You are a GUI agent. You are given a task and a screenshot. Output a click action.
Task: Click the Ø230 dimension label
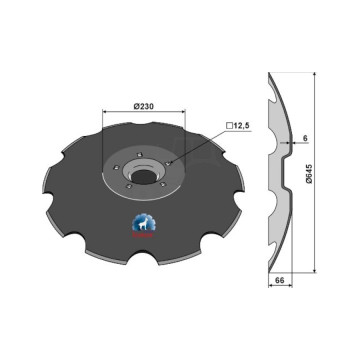point(143,106)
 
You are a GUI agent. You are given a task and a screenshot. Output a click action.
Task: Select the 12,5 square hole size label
point(242,126)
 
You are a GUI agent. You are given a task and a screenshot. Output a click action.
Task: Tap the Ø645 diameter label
point(309,174)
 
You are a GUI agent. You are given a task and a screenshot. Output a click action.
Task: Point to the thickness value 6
point(305,139)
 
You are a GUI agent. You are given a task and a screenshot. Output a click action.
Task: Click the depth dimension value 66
point(280,281)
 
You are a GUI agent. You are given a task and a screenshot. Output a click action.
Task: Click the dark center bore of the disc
point(144,176)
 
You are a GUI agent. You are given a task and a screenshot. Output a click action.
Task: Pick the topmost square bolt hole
point(140,154)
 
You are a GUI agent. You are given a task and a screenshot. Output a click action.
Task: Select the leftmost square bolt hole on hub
point(116,167)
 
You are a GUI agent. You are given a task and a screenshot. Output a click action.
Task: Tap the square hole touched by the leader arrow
point(168,163)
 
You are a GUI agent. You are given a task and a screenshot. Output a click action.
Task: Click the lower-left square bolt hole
point(127,187)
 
